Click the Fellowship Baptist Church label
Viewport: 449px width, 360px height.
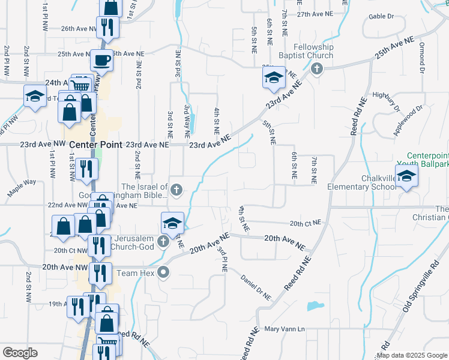(313, 51)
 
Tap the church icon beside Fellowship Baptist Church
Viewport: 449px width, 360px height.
(317, 69)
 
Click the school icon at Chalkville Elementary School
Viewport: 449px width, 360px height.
(407, 175)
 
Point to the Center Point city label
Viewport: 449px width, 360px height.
(96, 145)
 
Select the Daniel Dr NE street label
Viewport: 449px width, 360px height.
(256, 287)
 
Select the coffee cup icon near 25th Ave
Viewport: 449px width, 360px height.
(101, 60)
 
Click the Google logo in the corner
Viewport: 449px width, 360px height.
(20, 353)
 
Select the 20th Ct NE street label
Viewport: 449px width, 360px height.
(305, 223)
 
